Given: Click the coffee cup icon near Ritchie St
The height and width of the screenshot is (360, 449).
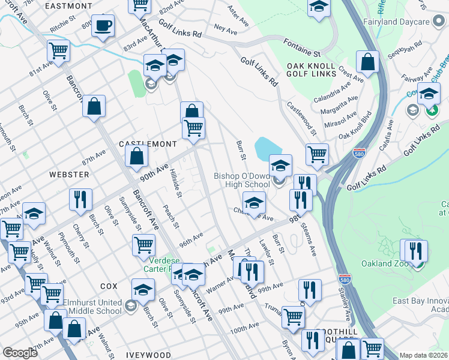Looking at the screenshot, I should click(103, 26).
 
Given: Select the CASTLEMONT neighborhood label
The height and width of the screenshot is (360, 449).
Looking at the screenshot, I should click(148, 145).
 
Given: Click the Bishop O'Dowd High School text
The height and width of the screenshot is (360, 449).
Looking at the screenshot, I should click(242, 181).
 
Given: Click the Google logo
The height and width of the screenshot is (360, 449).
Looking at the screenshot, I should click(20, 353).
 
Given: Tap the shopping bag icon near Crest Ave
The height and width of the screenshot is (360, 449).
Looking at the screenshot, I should click(367, 61).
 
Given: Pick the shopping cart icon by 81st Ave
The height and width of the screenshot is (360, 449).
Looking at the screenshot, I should click(58, 51).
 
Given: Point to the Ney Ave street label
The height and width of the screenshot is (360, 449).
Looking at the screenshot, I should click(226, 28).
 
